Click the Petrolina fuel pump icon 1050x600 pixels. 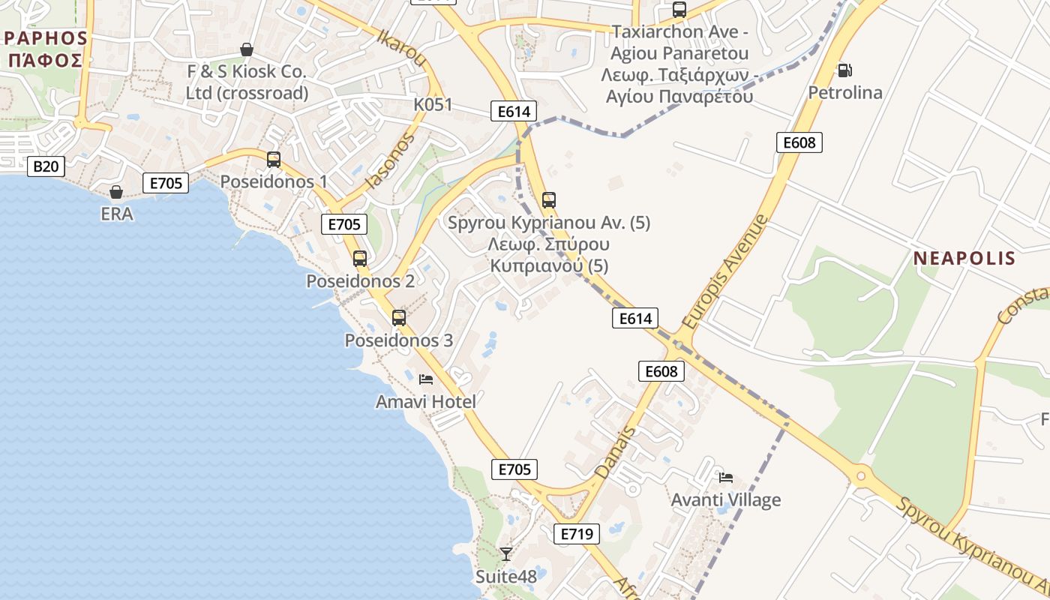[x=844, y=70]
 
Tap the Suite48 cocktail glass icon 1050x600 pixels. [x=506, y=554]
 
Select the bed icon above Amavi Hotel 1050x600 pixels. [x=426, y=379]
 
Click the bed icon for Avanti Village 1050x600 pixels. [x=725, y=477]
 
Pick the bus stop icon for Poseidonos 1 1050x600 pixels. [x=274, y=159]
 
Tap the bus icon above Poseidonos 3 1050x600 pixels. [x=399, y=317]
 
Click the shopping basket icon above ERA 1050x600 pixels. [x=116, y=192]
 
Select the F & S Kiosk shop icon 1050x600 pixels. [x=246, y=49]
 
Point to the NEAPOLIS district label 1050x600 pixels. [x=964, y=259]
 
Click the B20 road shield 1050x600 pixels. [x=46, y=166]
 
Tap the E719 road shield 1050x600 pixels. [x=577, y=534]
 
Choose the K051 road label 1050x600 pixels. [x=433, y=104]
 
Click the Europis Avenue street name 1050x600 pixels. [x=726, y=271]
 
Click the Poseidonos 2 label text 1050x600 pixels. [x=360, y=281]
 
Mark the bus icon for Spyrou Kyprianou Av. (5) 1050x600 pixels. [x=549, y=200]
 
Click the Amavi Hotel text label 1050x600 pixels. [x=426, y=402]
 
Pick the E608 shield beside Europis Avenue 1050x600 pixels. [x=799, y=142]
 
